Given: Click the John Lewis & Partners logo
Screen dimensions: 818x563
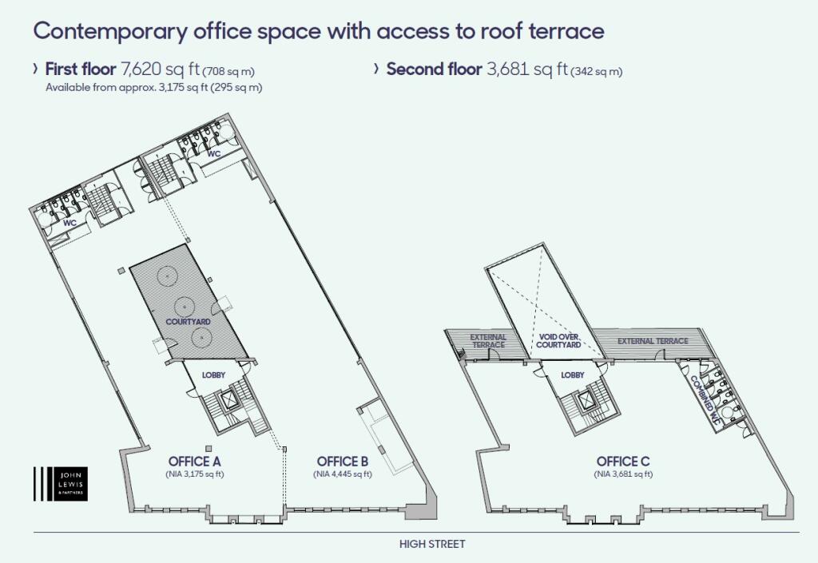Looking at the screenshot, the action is tap(61, 484).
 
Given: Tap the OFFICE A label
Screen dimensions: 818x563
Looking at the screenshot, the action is tap(195, 462).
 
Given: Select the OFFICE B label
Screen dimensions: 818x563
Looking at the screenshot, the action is tap(343, 462).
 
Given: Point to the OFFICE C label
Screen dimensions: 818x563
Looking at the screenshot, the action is tap(623, 462).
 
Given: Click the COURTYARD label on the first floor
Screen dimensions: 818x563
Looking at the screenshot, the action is tap(188, 322).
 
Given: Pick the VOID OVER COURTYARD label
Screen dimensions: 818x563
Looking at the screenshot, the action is tap(558, 341).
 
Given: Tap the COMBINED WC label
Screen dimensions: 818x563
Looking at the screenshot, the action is tap(705, 399).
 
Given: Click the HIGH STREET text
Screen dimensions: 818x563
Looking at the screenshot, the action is tap(432, 545).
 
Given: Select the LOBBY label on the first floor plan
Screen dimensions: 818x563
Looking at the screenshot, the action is tap(214, 375).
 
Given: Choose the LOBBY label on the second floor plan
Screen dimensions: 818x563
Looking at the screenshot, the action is tap(573, 375).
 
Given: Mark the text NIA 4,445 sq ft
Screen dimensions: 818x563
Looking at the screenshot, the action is tap(343, 474).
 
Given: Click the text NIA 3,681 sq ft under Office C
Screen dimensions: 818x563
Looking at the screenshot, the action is tap(623, 474).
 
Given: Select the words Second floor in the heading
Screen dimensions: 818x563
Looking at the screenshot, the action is tap(434, 69).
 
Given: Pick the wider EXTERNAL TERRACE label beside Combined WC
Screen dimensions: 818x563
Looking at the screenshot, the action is tap(653, 341).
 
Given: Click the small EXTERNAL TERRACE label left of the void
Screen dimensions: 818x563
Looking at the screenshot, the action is tap(488, 341).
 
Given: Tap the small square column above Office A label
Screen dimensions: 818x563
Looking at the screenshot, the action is tap(208, 448).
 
